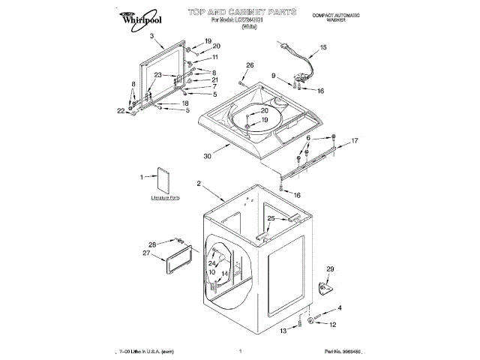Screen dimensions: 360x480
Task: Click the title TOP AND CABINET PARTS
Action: [232, 13]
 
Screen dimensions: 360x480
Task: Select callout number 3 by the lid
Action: [151, 36]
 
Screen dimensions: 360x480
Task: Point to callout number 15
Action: [323, 47]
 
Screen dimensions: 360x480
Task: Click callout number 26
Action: [250, 65]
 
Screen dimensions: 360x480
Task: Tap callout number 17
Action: [355, 140]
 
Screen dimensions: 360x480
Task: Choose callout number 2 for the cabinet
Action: [199, 184]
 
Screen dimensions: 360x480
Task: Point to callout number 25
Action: [272, 218]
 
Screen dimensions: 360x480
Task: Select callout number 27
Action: [147, 253]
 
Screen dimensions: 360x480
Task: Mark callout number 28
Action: [151, 244]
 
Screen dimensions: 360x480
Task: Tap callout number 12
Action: [334, 324]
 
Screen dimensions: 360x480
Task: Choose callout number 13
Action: [283, 330]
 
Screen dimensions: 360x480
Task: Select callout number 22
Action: [121, 111]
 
